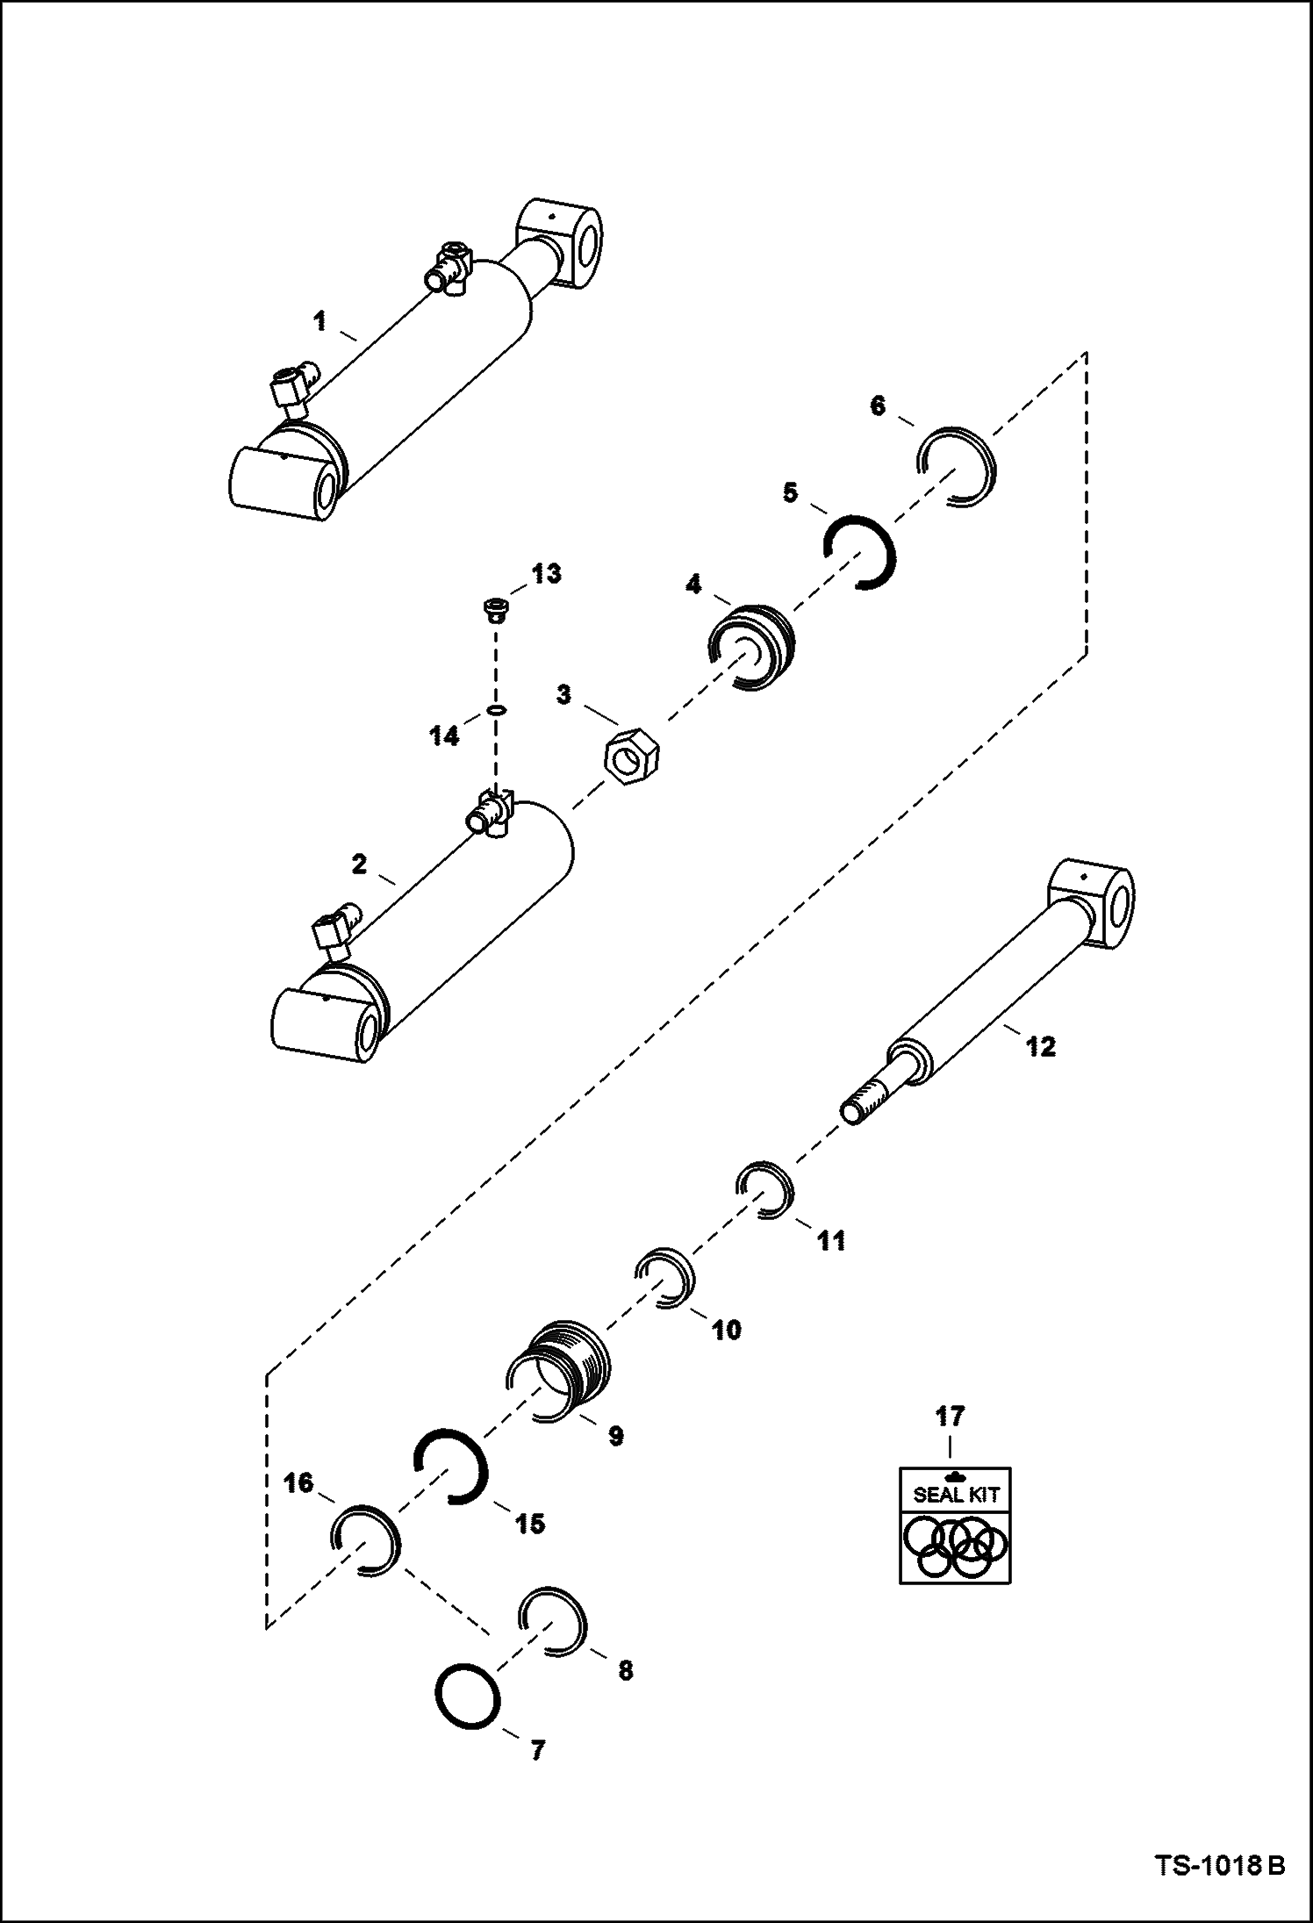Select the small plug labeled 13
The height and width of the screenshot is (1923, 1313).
(496, 608)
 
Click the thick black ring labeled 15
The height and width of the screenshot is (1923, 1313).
(449, 1466)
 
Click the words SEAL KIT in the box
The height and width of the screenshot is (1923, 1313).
(956, 1495)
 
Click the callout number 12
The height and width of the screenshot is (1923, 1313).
(1041, 1047)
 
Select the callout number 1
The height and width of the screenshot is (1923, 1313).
(320, 322)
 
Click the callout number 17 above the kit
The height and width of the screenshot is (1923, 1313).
(951, 1417)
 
